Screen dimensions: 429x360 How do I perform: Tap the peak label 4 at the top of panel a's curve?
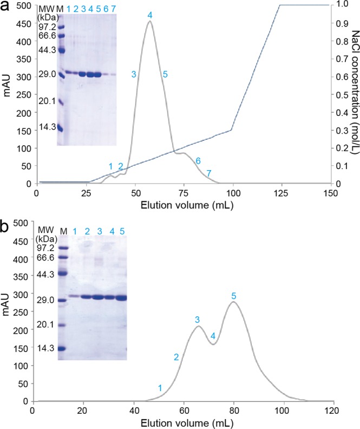(150, 16)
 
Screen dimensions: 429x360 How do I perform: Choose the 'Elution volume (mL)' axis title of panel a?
(184, 206)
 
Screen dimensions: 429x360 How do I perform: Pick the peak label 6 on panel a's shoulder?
(198, 161)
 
